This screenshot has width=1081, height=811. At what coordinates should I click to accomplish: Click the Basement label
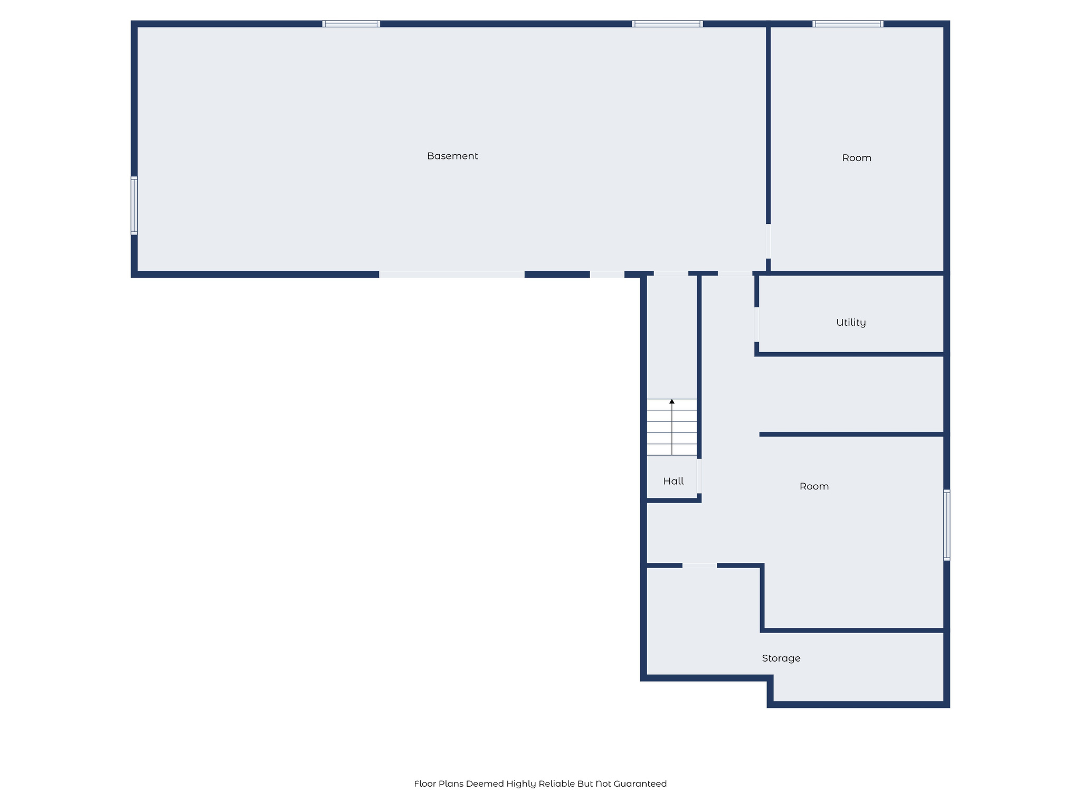(452, 156)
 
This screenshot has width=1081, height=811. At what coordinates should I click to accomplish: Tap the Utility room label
(851, 323)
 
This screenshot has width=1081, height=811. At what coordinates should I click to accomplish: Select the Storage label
(781, 658)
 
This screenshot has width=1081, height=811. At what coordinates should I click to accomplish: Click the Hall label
(674, 481)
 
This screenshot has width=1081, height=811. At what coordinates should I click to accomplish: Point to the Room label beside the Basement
(857, 158)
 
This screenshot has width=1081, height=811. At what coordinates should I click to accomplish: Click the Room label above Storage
(814, 486)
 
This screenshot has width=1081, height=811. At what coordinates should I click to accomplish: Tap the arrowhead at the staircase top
(672, 402)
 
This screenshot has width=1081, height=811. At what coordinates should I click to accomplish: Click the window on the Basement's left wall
(134, 205)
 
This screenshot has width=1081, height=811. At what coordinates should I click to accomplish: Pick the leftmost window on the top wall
(351, 24)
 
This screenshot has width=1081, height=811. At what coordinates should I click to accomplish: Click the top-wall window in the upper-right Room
(848, 24)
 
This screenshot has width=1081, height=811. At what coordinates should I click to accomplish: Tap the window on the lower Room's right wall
(946, 525)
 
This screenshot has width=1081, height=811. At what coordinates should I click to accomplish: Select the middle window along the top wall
(667, 24)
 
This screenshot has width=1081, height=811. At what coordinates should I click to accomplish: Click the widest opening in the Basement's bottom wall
(452, 275)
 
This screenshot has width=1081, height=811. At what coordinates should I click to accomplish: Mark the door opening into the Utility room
(757, 325)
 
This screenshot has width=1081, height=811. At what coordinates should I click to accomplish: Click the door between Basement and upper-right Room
(768, 241)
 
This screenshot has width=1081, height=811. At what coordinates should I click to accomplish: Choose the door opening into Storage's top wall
(699, 565)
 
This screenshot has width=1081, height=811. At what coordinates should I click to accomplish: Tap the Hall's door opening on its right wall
(699, 476)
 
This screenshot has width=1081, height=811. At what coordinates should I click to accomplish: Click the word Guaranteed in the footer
(640, 784)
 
